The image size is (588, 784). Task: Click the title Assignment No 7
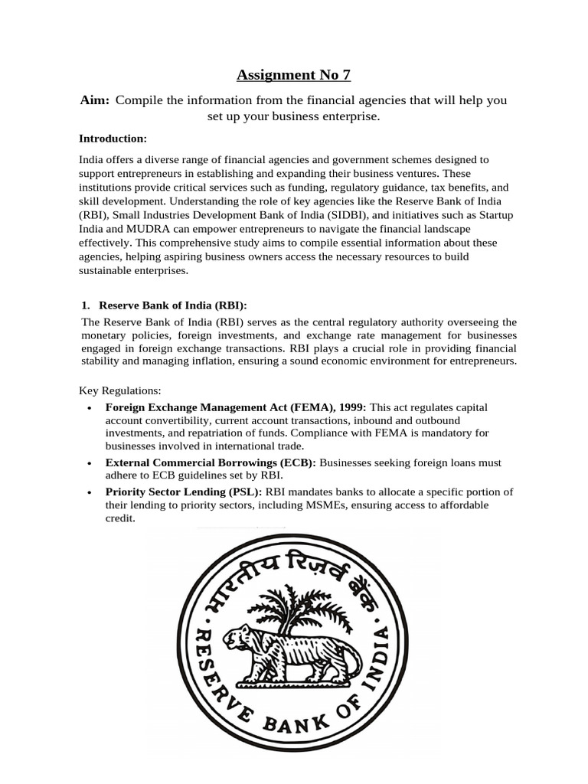point(294,74)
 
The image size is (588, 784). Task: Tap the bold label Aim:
point(96,100)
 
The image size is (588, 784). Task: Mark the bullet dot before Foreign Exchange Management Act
point(90,408)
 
